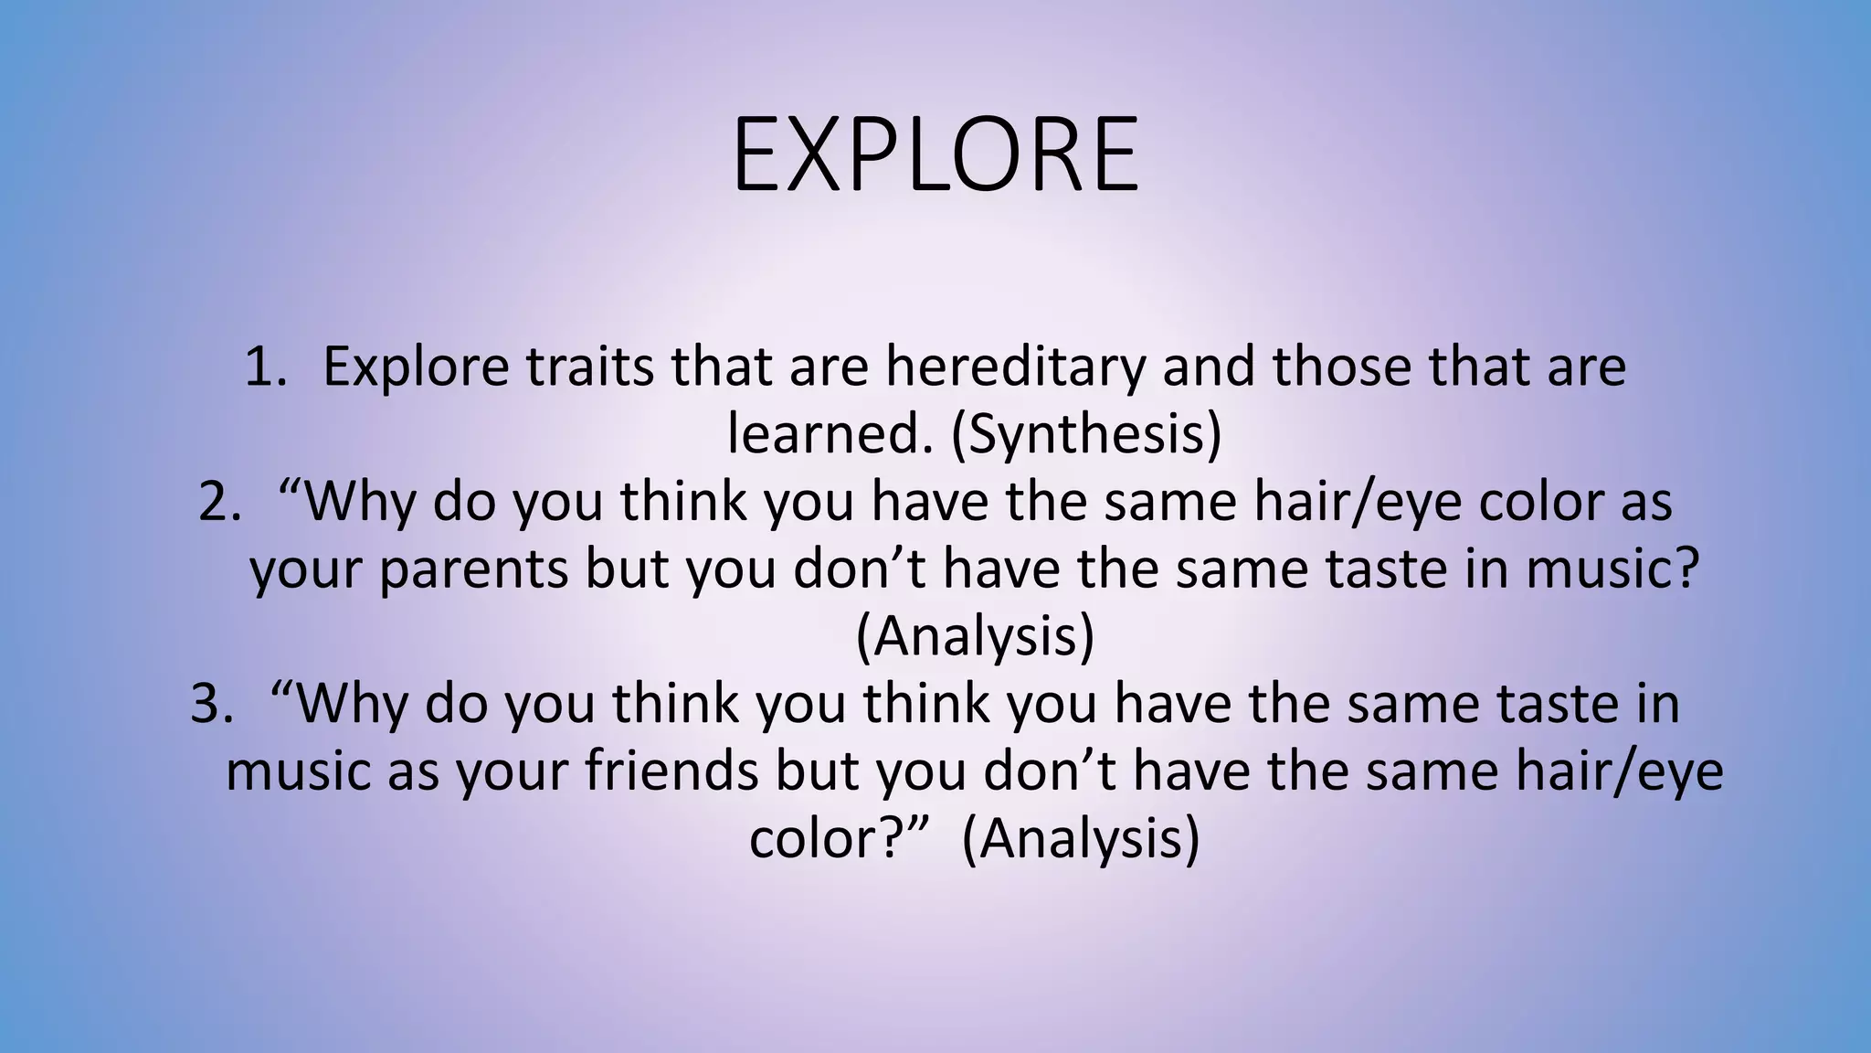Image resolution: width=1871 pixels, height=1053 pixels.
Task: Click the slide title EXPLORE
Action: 935,155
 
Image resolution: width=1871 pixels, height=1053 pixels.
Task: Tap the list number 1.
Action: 266,367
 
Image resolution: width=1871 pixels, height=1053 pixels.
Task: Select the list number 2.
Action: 219,503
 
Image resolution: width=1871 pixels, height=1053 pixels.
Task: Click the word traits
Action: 589,367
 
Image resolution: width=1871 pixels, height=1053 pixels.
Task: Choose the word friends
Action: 671,771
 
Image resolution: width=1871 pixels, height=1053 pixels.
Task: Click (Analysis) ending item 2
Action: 975,637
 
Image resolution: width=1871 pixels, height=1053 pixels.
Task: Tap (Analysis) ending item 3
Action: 1081,839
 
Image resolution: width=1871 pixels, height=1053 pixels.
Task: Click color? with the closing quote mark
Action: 839,839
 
